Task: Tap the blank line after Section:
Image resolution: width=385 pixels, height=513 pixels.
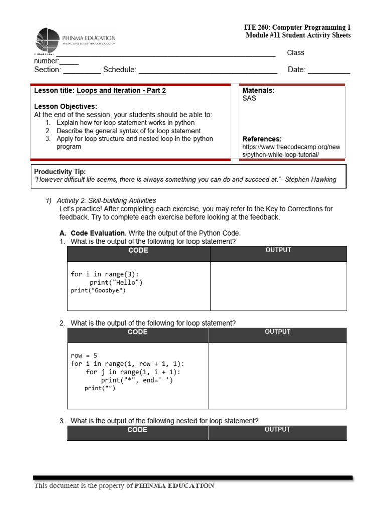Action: [x=82, y=70]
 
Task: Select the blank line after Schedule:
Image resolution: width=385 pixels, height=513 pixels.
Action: [x=208, y=70]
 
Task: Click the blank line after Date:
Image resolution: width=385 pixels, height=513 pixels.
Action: [x=329, y=70]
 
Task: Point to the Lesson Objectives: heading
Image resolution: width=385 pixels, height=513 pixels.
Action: [x=66, y=106]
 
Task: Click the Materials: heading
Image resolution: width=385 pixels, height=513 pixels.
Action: [x=258, y=90]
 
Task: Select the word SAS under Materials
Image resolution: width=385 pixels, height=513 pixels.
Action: [x=249, y=98]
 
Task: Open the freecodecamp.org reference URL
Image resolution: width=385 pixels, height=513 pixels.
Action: [x=291, y=151]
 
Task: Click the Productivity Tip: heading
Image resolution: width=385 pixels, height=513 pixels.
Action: [x=60, y=172]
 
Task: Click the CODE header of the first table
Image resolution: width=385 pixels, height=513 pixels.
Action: [x=138, y=250]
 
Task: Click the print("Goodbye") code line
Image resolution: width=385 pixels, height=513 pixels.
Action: [x=98, y=291]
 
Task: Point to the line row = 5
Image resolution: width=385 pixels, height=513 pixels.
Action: [x=84, y=356]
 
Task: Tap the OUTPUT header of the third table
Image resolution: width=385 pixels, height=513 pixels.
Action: [x=277, y=429]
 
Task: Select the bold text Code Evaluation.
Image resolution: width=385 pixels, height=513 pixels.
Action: [x=99, y=233]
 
